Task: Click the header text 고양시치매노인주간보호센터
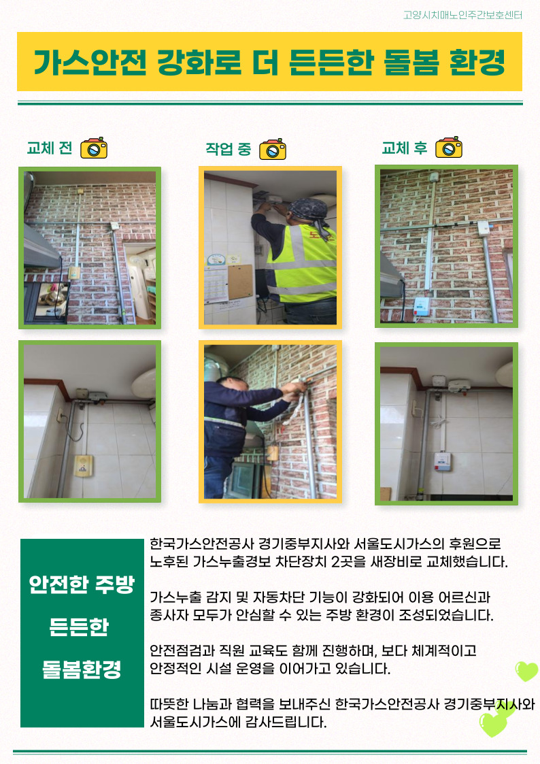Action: click(462, 15)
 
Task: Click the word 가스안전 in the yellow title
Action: click(90, 63)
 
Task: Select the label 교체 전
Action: click(50, 148)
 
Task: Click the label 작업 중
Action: click(229, 148)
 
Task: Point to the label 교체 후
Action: click(405, 148)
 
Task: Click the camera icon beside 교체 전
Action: click(94, 148)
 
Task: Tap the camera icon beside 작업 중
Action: click(273, 149)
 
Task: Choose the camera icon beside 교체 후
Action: click(449, 147)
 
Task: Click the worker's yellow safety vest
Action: click(303, 263)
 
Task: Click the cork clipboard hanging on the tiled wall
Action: click(241, 281)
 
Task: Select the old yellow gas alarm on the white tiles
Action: click(84, 465)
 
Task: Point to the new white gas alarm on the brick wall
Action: click(422, 306)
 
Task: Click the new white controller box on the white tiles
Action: click(443, 461)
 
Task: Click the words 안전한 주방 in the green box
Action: click(82, 584)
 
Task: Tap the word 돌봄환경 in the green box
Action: click(82, 669)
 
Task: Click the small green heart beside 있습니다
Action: click(526, 671)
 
